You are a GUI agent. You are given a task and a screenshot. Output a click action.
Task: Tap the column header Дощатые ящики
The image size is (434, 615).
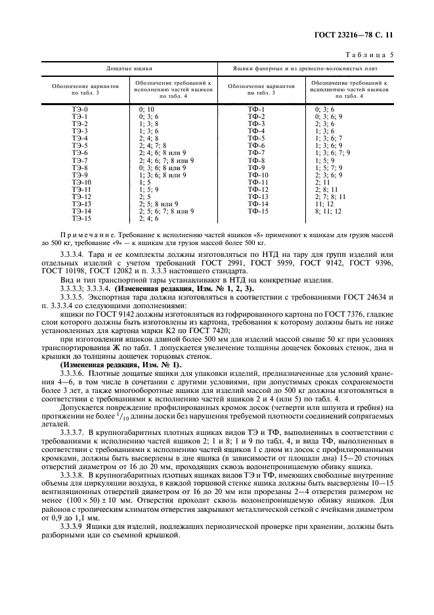click(x=129, y=68)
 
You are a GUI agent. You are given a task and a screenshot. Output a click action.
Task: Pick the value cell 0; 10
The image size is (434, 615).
click(x=146, y=109)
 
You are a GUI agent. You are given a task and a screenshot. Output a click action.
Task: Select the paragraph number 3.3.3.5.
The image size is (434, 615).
click(x=72, y=298)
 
